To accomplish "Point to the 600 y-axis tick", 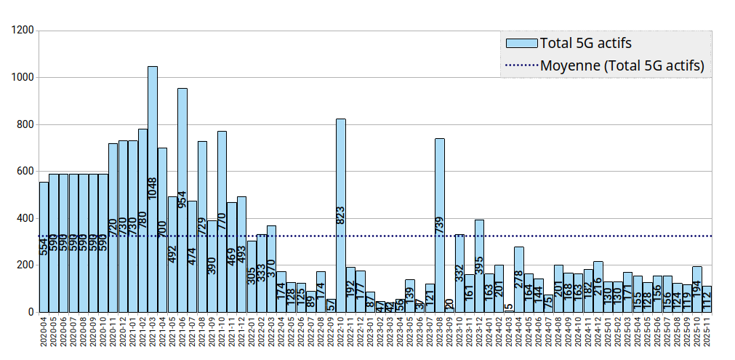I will coord(25,172).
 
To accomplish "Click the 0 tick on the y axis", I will coord(31,312).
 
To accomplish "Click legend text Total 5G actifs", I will coord(586,43).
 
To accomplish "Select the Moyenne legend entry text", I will coord(622,65).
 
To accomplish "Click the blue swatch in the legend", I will coord(521,43).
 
